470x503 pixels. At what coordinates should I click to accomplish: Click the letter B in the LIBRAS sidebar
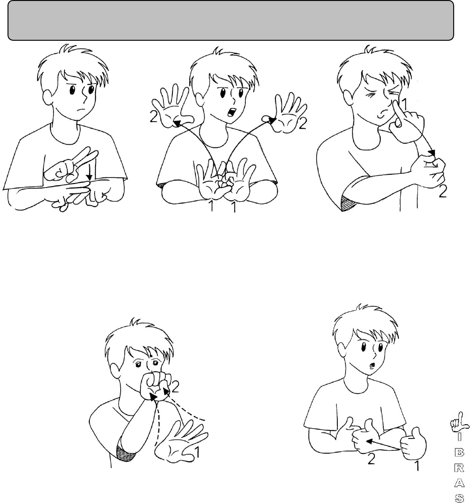pos(459,452)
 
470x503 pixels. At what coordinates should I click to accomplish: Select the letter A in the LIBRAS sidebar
pos(459,483)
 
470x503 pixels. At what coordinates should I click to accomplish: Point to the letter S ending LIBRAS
pos(459,498)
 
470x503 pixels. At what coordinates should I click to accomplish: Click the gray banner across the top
pos(230,20)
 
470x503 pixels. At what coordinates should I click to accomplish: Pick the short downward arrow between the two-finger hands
pos(89,172)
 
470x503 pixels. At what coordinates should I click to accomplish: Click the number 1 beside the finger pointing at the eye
pos(404,104)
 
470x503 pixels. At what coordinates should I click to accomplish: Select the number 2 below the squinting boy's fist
pos(443,192)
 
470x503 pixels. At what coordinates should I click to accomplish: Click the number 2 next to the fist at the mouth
pos(175,388)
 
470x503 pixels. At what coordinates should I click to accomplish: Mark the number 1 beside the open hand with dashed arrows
pos(197,452)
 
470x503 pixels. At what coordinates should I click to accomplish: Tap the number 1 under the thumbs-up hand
pos(417,466)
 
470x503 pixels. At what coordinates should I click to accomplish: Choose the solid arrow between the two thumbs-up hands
pos(383,445)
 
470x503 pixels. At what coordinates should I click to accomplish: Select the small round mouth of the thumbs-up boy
pos(371,365)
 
